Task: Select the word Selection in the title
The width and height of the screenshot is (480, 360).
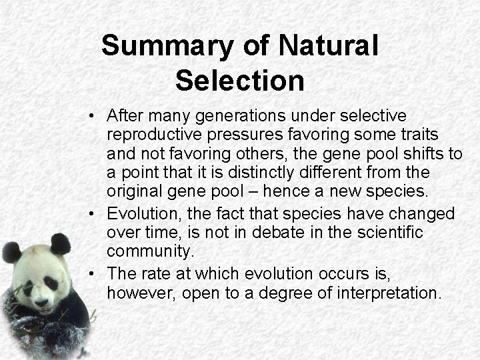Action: [240, 80]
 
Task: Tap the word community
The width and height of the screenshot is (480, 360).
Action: [149, 251]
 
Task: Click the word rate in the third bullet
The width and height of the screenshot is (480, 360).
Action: [155, 274]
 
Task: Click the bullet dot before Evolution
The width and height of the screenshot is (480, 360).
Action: [93, 215]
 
